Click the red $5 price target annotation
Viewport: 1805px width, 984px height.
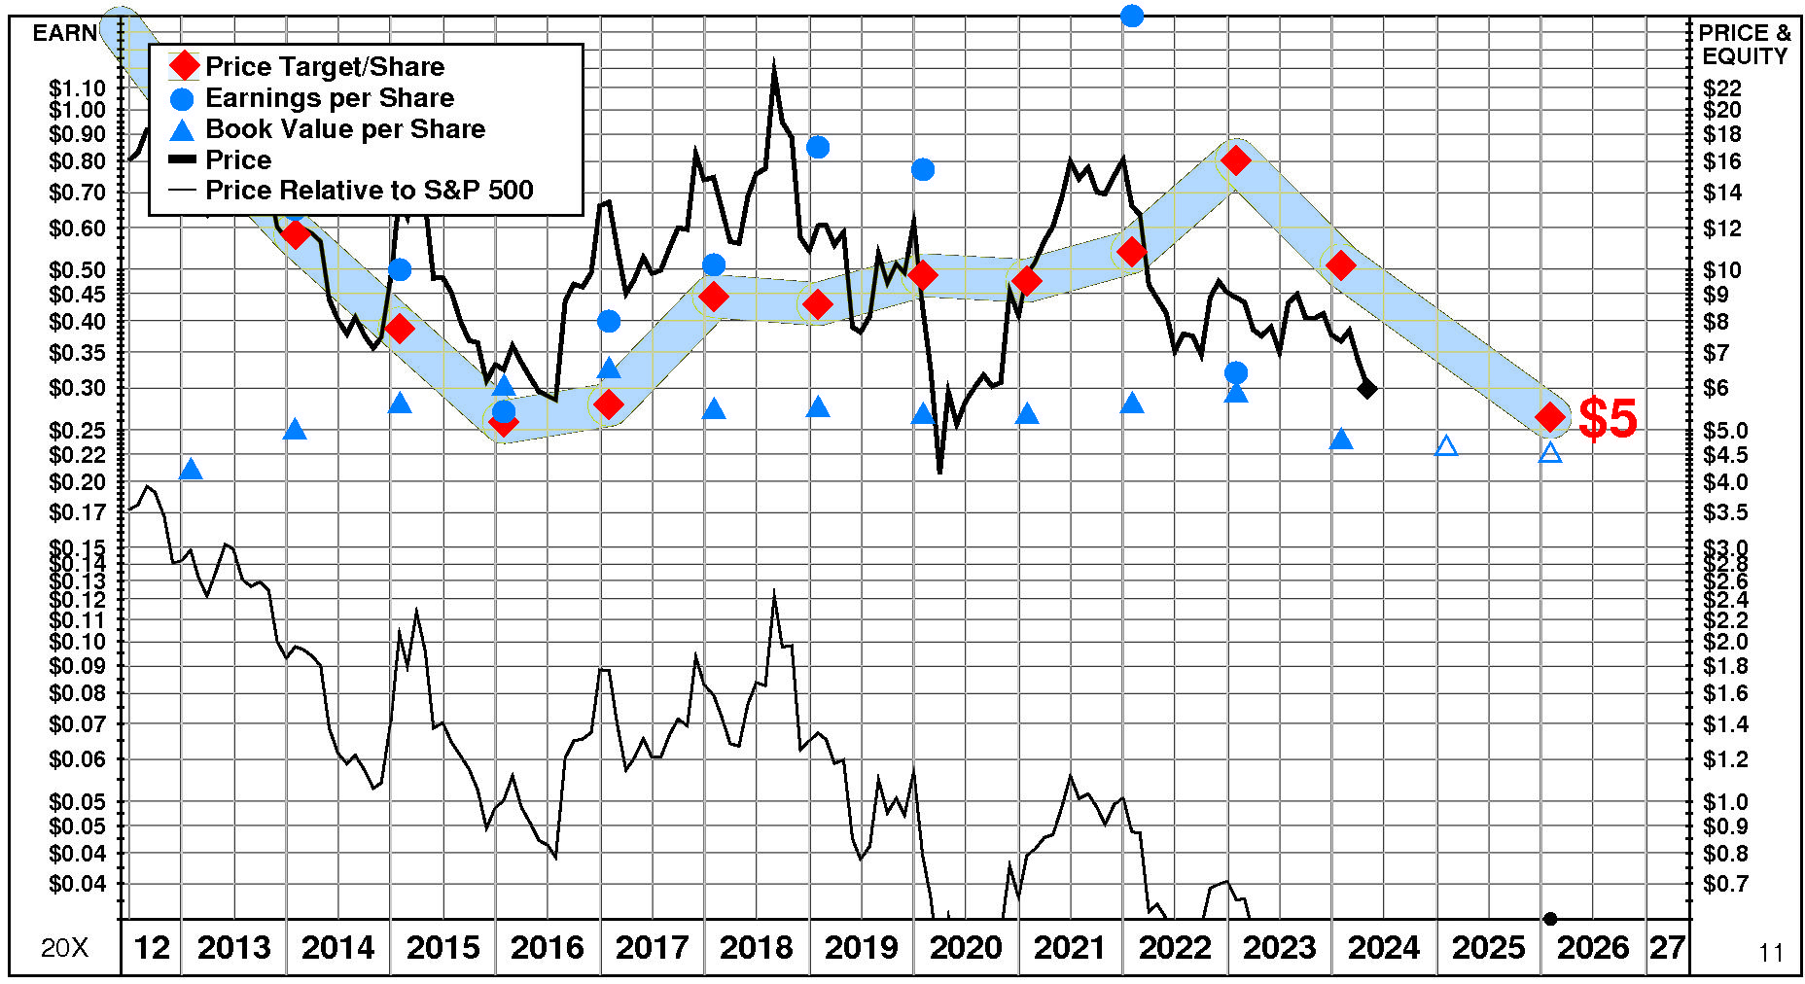pyautogui.click(x=1608, y=418)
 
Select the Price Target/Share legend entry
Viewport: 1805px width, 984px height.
pyautogui.click(x=324, y=66)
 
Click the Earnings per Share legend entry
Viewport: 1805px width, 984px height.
pyautogui.click(x=329, y=98)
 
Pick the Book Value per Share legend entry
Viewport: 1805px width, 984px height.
pyautogui.click(x=344, y=129)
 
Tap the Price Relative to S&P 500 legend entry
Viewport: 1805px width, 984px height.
pyautogui.click(x=369, y=191)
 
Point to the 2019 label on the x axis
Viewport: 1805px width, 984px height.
pyautogui.click(x=861, y=947)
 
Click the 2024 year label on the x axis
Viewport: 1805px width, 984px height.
pyautogui.click(x=1384, y=947)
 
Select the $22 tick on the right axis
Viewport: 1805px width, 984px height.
pyautogui.click(x=1721, y=88)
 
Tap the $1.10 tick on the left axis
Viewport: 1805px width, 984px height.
pyautogui.click(x=77, y=88)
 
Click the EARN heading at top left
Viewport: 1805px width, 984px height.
pyautogui.click(x=65, y=33)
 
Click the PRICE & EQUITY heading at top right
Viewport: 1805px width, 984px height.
pyautogui.click(x=1745, y=45)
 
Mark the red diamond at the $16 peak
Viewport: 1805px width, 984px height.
pyautogui.click(x=1236, y=160)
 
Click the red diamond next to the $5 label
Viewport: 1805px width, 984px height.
pyautogui.click(x=1550, y=417)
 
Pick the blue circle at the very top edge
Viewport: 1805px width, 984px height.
pyautogui.click(x=1131, y=16)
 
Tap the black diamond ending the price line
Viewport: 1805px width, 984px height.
pyautogui.click(x=1367, y=389)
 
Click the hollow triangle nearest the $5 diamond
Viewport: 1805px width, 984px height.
pyautogui.click(x=1550, y=452)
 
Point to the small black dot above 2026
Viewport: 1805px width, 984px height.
pyautogui.click(x=1550, y=919)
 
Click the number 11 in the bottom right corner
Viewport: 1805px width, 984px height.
pyautogui.click(x=1771, y=953)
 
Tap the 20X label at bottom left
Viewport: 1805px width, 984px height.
pyautogui.click(x=64, y=948)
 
